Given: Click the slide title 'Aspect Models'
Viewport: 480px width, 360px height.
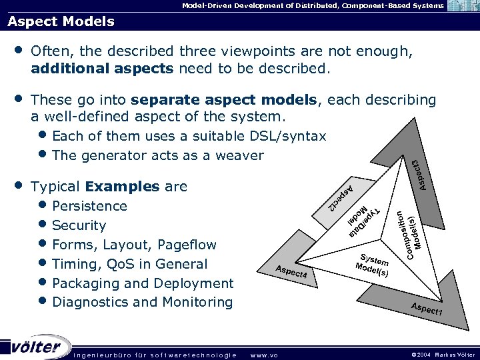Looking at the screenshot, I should click(61, 21).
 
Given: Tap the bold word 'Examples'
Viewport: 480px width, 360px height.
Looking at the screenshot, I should click(123, 186).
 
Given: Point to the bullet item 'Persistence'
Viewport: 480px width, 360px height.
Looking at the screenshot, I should click(89, 205).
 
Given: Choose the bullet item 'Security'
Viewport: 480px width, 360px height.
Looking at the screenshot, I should click(79, 225).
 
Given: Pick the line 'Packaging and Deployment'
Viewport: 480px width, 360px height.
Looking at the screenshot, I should click(143, 283).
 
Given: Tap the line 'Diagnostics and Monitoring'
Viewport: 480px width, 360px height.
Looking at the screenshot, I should click(142, 302).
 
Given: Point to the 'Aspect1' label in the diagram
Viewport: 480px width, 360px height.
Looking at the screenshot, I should click(427, 309).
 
